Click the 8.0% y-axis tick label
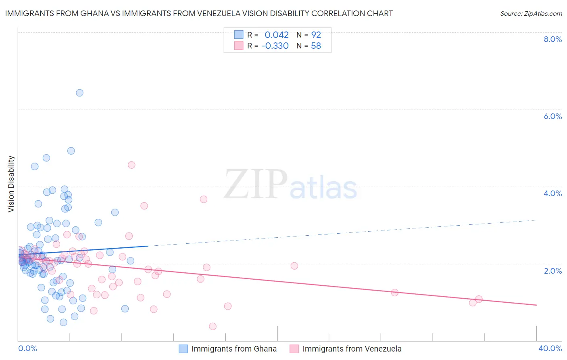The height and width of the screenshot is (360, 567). coord(552,39)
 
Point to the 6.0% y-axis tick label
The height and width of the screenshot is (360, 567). coord(552,116)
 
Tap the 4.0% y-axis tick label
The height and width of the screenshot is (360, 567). coord(552,193)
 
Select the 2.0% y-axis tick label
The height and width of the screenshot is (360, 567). coord(552,271)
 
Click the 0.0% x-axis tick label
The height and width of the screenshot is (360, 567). coord(27,348)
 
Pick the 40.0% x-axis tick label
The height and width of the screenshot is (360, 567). coord(550,348)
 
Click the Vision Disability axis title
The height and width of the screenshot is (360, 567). coord(11,184)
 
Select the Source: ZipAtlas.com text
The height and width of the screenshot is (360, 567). coord(531,13)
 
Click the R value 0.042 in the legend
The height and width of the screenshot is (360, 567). coord(277,35)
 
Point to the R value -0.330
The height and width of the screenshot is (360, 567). coord(275,46)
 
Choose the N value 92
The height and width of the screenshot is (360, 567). coord(316,35)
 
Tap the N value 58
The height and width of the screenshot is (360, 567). coord(316,46)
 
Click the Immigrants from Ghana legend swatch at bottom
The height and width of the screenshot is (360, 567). coord(183,349)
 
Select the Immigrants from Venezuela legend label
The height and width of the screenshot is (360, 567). coord(352,349)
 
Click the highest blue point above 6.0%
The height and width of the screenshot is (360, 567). coord(79,93)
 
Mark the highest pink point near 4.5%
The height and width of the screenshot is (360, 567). coord(131,165)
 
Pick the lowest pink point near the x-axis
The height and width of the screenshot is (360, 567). coord(213,326)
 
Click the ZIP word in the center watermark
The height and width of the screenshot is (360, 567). coord(255,185)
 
